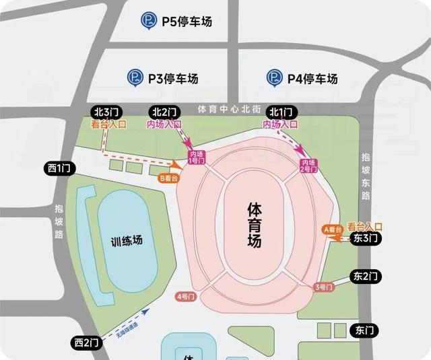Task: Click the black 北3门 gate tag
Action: tap(106, 112)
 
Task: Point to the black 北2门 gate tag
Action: tap(164, 112)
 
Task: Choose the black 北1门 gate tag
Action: tap(281, 112)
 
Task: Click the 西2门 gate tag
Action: tap(87, 343)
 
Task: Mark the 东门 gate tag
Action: tap(362, 330)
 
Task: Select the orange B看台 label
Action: tap(169, 179)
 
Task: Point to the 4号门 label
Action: tap(183, 296)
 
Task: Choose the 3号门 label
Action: tap(324, 287)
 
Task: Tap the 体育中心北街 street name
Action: tap(228, 109)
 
